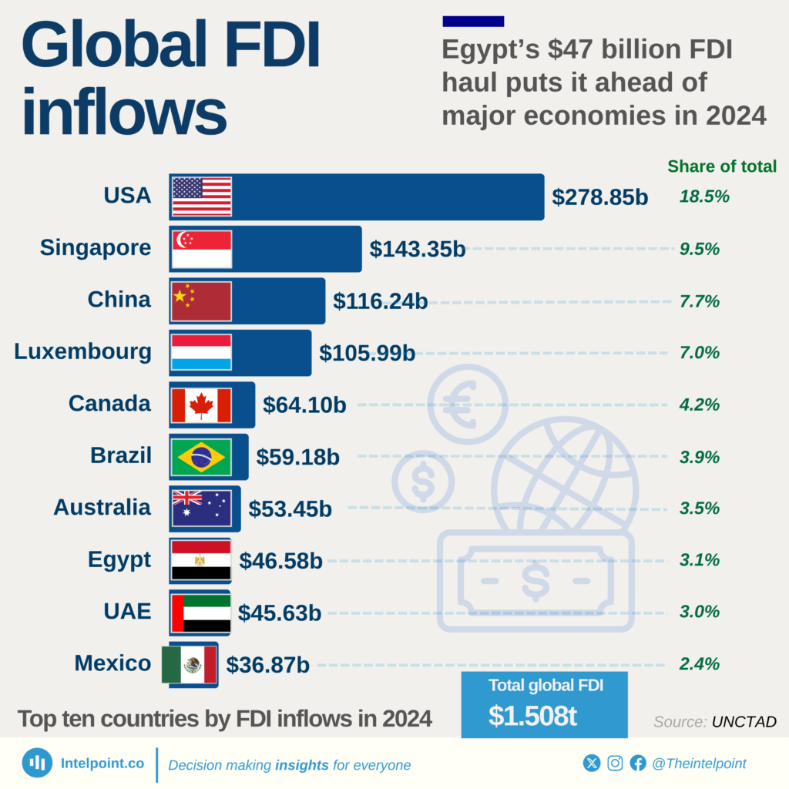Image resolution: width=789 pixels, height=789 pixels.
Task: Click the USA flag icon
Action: [201, 196]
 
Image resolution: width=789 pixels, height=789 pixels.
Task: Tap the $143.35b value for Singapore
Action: [417, 249]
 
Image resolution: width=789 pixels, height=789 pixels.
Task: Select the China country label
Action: [119, 300]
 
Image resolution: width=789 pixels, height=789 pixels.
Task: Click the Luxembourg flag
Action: [201, 352]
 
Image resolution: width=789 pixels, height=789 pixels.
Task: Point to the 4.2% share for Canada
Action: [699, 405]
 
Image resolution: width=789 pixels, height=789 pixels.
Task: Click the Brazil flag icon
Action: [201, 457]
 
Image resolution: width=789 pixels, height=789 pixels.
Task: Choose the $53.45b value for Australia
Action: [290, 509]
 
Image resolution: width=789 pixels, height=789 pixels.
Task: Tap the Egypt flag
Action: [201, 560]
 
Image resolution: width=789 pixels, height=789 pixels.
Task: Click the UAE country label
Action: [127, 612]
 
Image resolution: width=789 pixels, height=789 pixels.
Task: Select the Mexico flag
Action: [190, 664]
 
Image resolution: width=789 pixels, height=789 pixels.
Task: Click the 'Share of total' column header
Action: [721, 166]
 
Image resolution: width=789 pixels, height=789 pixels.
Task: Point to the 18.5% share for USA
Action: [703, 196]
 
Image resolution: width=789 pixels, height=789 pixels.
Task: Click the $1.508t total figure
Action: [532, 716]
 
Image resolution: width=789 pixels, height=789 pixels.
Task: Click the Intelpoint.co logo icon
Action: [37, 763]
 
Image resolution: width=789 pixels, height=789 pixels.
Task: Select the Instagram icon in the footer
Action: [615, 764]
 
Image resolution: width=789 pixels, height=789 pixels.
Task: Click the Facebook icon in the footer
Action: [638, 764]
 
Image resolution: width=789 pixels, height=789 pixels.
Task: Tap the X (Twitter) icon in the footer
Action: [592, 764]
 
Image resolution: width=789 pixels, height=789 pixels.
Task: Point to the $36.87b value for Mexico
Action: [267, 664]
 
